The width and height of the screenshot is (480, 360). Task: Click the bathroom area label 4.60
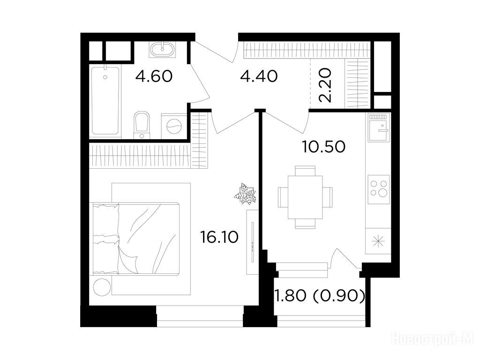[x=154, y=76]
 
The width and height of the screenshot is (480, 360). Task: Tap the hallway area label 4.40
[x=259, y=76]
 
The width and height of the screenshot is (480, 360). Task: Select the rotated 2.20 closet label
[x=325, y=85]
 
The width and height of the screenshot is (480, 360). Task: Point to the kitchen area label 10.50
[x=324, y=147]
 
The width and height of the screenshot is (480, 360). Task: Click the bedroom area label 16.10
[x=219, y=237]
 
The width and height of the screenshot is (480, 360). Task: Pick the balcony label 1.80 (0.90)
[x=320, y=296]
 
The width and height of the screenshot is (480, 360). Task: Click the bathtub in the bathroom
[x=105, y=101]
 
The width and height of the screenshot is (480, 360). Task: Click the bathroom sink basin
[x=162, y=49]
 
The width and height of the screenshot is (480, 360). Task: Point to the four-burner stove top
[x=379, y=189]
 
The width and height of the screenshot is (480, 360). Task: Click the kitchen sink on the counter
[x=379, y=128]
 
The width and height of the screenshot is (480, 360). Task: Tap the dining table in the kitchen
[x=305, y=197]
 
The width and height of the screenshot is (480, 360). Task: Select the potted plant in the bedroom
[x=245, y=194]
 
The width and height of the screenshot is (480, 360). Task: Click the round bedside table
[x=102, y=287]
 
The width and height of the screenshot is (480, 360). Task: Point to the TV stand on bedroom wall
[x=252, y=242]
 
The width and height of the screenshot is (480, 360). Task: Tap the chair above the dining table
[x=305, y=171]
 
